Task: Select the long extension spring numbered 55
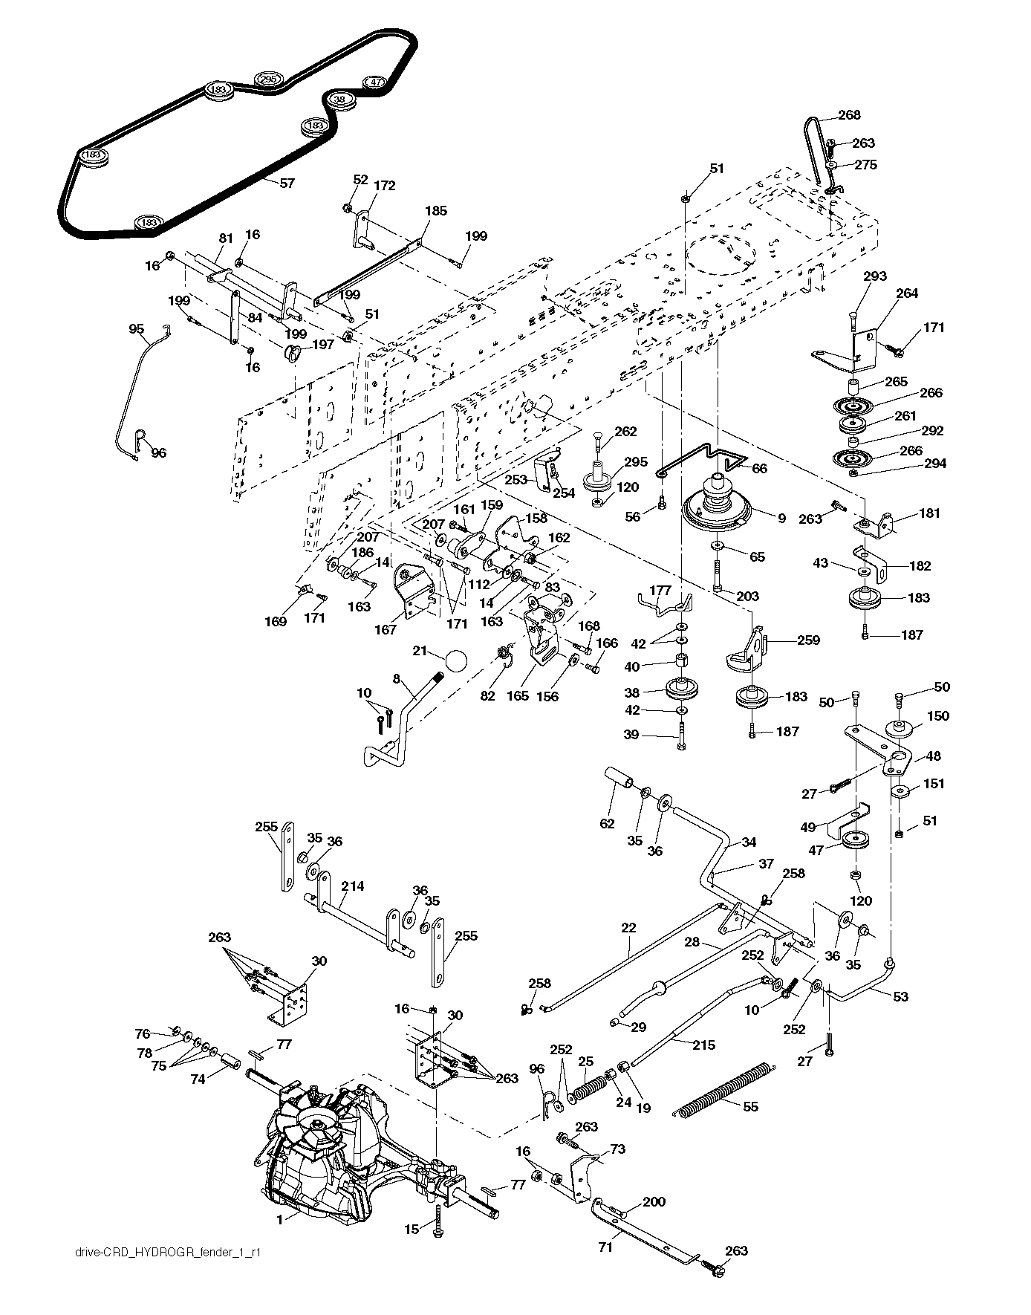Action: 725,1091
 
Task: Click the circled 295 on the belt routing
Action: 269,79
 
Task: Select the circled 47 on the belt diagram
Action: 375,82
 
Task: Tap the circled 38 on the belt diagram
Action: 339,99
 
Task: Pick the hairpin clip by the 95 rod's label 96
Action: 140,441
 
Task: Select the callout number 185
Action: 435,210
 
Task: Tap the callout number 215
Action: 703,1045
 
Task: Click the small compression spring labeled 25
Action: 588,1088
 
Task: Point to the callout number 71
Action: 605,1247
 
